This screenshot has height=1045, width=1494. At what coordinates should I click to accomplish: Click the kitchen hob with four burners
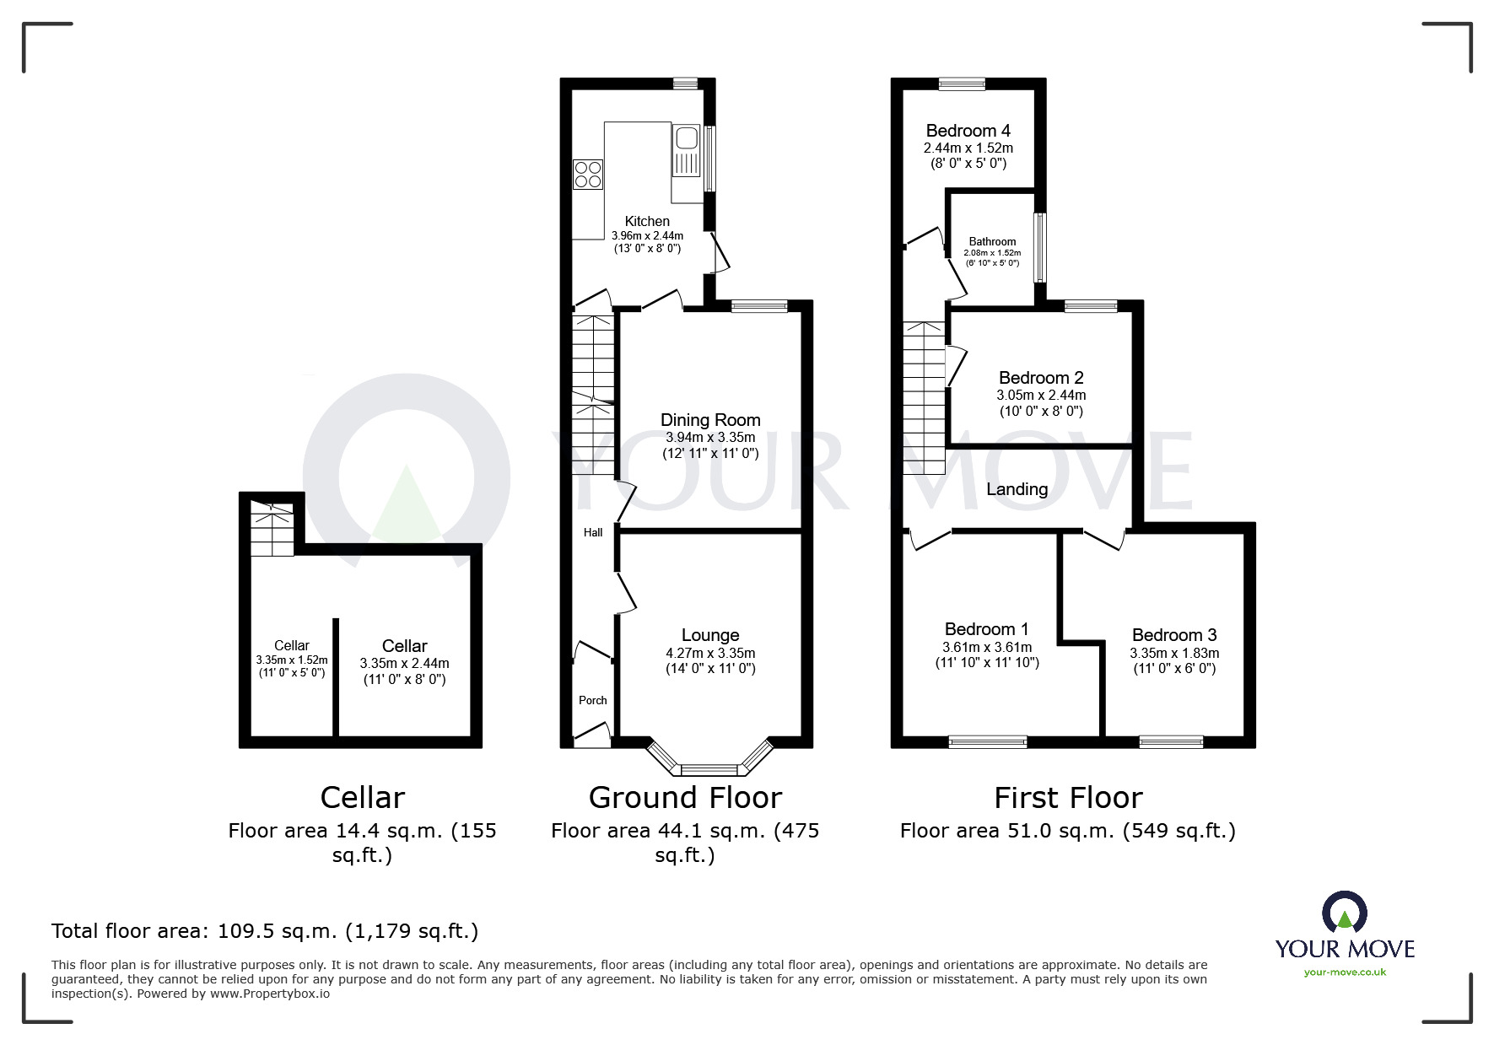588,174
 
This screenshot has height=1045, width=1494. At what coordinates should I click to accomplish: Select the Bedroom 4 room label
968,131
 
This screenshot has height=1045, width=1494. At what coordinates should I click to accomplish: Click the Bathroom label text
992,241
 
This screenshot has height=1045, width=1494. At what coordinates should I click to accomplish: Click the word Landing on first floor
1017,489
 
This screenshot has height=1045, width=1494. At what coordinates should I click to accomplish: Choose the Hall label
593,532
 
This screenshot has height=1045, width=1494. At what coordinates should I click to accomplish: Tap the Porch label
592,700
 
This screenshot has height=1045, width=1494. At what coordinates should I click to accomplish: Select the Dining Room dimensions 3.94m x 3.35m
709,437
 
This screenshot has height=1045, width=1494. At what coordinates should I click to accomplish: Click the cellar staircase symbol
272,530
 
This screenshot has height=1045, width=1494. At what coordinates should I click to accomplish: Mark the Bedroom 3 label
1173,635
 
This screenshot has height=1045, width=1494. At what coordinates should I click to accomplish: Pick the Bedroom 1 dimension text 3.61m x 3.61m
986,647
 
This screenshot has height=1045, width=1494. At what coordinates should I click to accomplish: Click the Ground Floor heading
684,797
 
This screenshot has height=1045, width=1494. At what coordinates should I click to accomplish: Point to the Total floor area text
264,931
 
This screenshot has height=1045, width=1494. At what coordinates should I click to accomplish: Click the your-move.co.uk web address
1345,972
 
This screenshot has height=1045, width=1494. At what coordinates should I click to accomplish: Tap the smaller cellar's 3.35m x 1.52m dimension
291,660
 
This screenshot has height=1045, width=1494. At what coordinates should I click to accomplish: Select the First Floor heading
1067,797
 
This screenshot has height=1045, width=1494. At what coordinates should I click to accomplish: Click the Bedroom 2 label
1040,378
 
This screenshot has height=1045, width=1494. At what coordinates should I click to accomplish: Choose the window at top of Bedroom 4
962,83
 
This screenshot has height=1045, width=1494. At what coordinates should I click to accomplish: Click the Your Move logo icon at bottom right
1344,913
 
